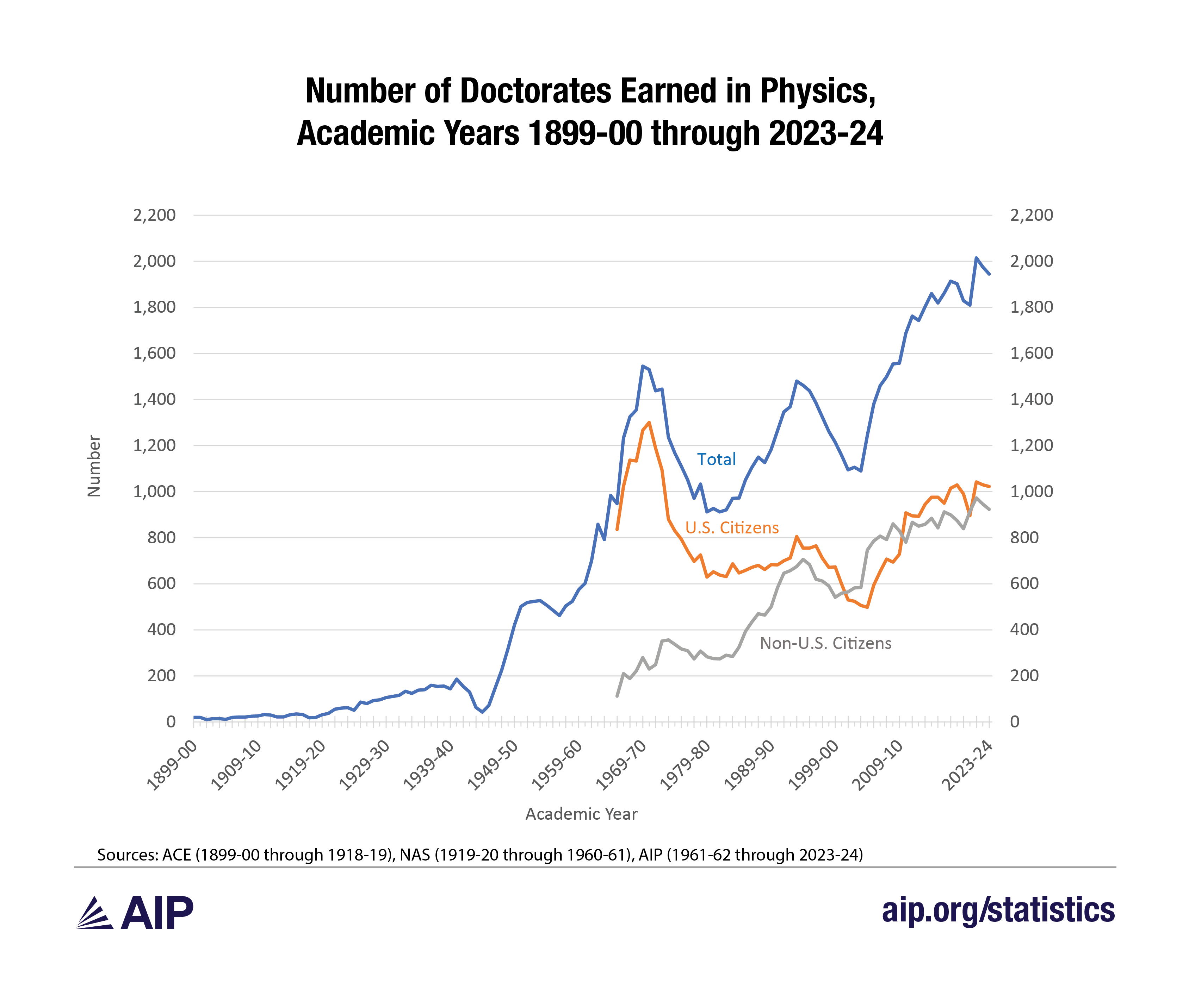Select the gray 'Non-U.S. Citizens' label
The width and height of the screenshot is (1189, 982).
[825, 643]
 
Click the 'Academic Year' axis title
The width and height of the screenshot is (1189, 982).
[581, 814]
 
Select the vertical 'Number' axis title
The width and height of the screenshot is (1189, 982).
[94, 466]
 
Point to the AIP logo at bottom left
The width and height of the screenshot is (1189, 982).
[134, 912]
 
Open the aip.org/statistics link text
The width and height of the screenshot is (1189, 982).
[998, 910]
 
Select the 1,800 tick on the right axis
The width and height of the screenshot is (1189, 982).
[1031, 307]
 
